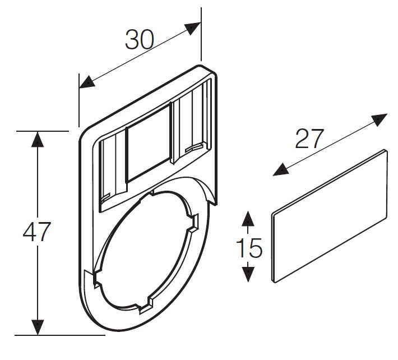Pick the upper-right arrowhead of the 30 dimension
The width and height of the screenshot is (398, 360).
tap(193, 28)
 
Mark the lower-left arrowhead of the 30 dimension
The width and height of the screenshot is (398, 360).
tap(86, 82)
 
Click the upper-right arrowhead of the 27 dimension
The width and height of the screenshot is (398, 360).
tap(379, 119)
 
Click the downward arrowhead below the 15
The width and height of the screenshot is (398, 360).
tap(248, 274)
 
